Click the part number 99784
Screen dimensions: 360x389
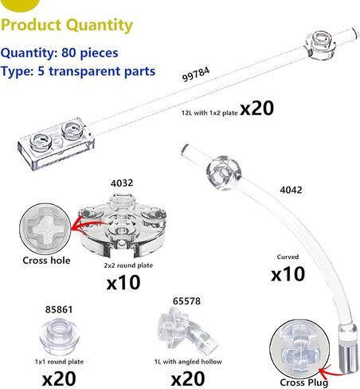[x=196, y=75]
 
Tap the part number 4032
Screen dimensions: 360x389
[x=122, y=183]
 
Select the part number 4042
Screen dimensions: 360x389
[x=291, y=190]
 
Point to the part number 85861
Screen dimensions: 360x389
[x=59, y=309]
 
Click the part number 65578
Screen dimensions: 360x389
[x=186, y=301]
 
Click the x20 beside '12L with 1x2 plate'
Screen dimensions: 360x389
[x=256, y=108]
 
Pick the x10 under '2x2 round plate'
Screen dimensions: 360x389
[x=123, y=282]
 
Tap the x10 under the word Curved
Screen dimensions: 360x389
[x=288, y=274]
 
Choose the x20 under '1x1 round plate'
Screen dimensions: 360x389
[x=59, y=379]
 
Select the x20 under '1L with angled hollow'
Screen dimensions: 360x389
[x=188, y=379]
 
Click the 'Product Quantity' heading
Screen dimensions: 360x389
[x=67, y=26]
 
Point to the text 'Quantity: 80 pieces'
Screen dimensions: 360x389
[x=59, y=53]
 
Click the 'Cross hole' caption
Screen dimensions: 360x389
[x=46, y=261]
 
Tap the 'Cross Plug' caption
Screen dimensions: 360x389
[x=304, y=383]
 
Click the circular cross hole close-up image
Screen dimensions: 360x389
[x=45, y=229]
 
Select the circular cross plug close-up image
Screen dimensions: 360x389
[x=299, y=349]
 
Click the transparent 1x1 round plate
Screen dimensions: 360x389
[x=59, y=336]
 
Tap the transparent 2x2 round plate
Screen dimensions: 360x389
[x=123, y=226]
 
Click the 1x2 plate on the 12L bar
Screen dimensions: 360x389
[x=56, y=143]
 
